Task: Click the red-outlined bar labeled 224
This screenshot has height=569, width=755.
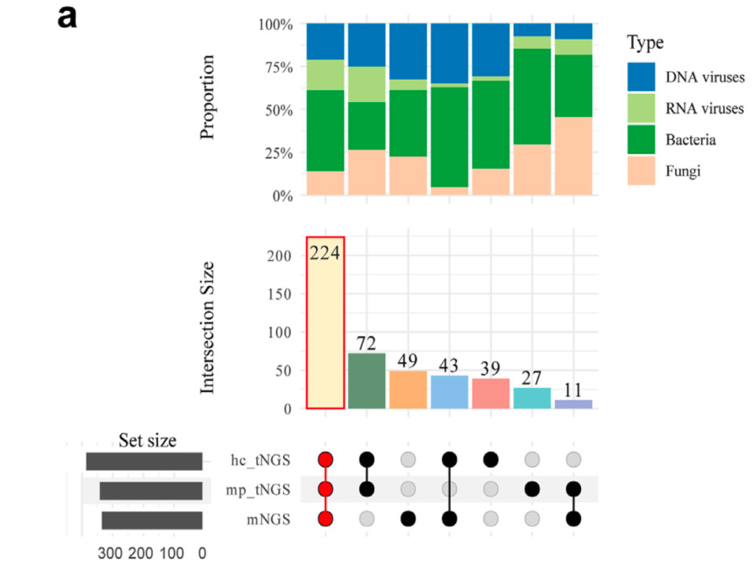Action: (325, 322)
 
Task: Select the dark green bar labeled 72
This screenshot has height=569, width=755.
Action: (366, 381)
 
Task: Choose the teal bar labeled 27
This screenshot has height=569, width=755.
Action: (532, 398)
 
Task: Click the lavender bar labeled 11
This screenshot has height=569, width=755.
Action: (573, 404)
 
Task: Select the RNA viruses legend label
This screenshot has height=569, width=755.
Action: (703, 108)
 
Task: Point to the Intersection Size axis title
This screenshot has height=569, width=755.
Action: (207, 327)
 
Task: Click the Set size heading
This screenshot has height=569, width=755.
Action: (147, 440)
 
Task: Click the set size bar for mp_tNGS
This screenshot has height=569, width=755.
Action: (150, 491)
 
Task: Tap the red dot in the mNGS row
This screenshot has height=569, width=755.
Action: (325, 519)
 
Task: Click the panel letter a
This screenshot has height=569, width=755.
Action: (67, 18)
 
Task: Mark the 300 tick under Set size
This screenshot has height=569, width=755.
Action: (110, 554)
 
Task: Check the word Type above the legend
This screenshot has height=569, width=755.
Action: (645, 43)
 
